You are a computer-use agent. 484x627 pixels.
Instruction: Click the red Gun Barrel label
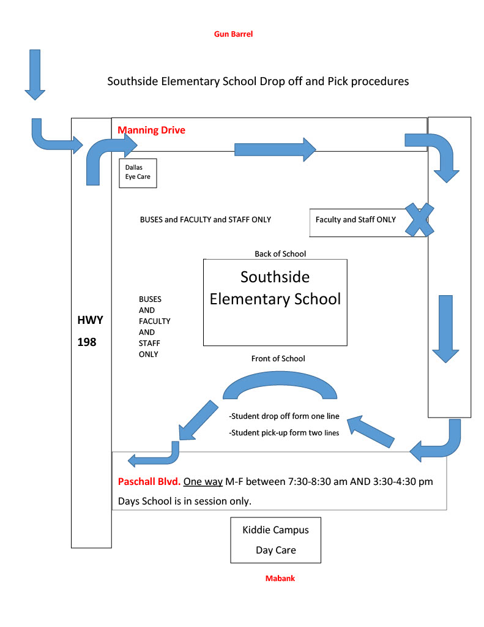pyautogui.click(x=233, y=34)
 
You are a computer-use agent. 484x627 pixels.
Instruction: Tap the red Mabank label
pyautogui.click(x=280, y=578)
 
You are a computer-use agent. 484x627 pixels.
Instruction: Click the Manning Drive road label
pyautogui.click(x=152, y=130)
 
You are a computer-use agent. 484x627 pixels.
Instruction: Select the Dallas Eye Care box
pyautogui.click(x=138, y=173)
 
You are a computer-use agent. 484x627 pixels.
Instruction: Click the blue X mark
pyautogui.click(x=419, y=220)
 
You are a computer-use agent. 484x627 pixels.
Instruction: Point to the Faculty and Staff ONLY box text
pyautogui.click(x=356, y=220)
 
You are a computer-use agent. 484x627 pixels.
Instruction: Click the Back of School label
pyautogui.click(x=280, y=254)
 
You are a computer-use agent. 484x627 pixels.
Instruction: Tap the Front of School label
pyautogui.click(x=278, y=359)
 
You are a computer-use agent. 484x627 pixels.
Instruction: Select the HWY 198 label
pyautogui.click(x=91, y=331)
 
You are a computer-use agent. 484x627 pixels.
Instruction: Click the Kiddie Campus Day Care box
pyautogui.click(x=276, y=540)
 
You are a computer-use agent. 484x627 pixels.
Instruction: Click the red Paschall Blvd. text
pyautogui.click(x=149, y=481)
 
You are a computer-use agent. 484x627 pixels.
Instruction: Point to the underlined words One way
pyautogui.click(x=203, y=482)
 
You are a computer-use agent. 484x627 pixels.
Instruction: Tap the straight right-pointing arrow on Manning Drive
pyautogui.click(x=275, y=149)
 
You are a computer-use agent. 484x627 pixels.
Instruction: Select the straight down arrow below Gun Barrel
pyautogui.click(x=35, y=75)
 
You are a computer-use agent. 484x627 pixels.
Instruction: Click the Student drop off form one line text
pyautogui.click(x=284, y=416)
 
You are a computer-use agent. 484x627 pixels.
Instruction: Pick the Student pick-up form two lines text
pyautogui.click(x=284, y=433)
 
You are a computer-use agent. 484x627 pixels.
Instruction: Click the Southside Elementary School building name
pyautogui.click(x=275, y=288)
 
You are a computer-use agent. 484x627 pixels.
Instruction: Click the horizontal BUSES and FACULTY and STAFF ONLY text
pyautogui.click(x=206, y=220)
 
